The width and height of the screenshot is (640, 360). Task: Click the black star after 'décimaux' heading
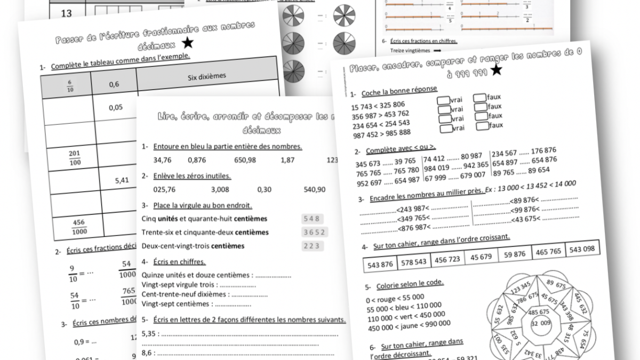point(187,44)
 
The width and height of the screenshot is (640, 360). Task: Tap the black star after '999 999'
point(496,69)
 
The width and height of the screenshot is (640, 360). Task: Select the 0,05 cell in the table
point(116,107)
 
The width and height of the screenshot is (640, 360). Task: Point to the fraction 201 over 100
point(75,157)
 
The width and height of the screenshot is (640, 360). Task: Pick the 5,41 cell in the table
point(122,180)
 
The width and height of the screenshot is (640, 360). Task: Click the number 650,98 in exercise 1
point(245,159)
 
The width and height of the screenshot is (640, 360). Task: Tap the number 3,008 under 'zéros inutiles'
point(220,189)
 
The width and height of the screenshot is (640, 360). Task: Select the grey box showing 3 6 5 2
point(315,232)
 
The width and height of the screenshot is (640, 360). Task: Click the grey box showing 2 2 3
point(312,245)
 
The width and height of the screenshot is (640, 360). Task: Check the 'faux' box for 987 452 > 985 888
point(483,126)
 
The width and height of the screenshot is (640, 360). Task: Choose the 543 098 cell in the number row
point(581,249)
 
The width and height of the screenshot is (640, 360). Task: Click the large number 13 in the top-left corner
point(66,13)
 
